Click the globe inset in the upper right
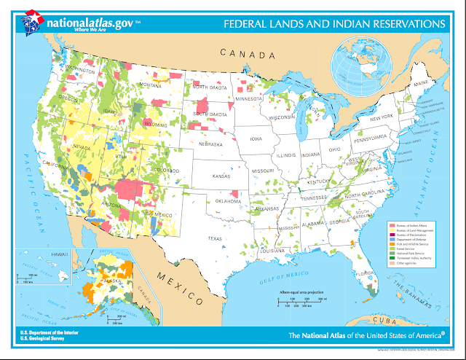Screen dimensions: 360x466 pyautogui.click(x=357, y=62)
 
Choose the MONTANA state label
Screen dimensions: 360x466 pyautogui.click(x=150, y=85)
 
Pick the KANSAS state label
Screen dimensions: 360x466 pyautogui.click(x=221, y=176)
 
